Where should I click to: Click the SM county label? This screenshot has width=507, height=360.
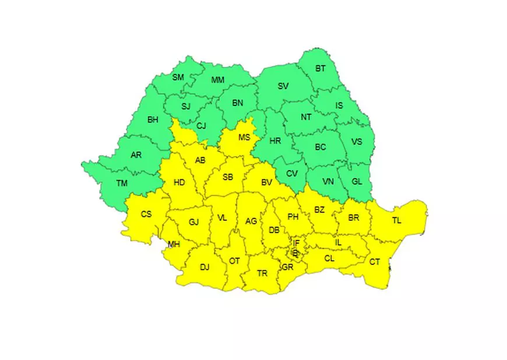click(178, 77)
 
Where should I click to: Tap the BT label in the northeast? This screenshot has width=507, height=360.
click(321, 68)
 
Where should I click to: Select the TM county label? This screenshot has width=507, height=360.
click(122, 183)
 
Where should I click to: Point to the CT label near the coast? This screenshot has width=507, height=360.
click(375, 262)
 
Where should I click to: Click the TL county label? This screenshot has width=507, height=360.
click(397, 220)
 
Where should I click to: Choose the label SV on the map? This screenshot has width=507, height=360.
click(283, 86)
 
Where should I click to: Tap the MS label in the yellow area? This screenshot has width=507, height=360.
click(244, 137)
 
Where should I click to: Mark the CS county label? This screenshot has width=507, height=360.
click(146, 214)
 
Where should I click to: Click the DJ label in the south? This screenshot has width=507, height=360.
click(205, 267)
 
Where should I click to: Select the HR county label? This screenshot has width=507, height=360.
click(276, 140)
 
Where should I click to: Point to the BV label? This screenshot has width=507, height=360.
click(267, 182)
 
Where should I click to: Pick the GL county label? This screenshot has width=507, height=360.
click(357, 181)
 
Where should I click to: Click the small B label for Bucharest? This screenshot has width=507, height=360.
click(295, 253)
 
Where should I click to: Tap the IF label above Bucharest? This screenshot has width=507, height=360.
click(296, 243)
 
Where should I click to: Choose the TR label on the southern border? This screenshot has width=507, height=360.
click(262, 273)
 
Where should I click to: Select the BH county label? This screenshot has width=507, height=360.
click(153, 119)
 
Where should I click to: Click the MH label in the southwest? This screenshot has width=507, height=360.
click(174, 244)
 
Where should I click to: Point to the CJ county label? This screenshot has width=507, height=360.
click(201, 125)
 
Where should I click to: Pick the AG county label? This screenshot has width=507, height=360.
click(251, 221)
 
